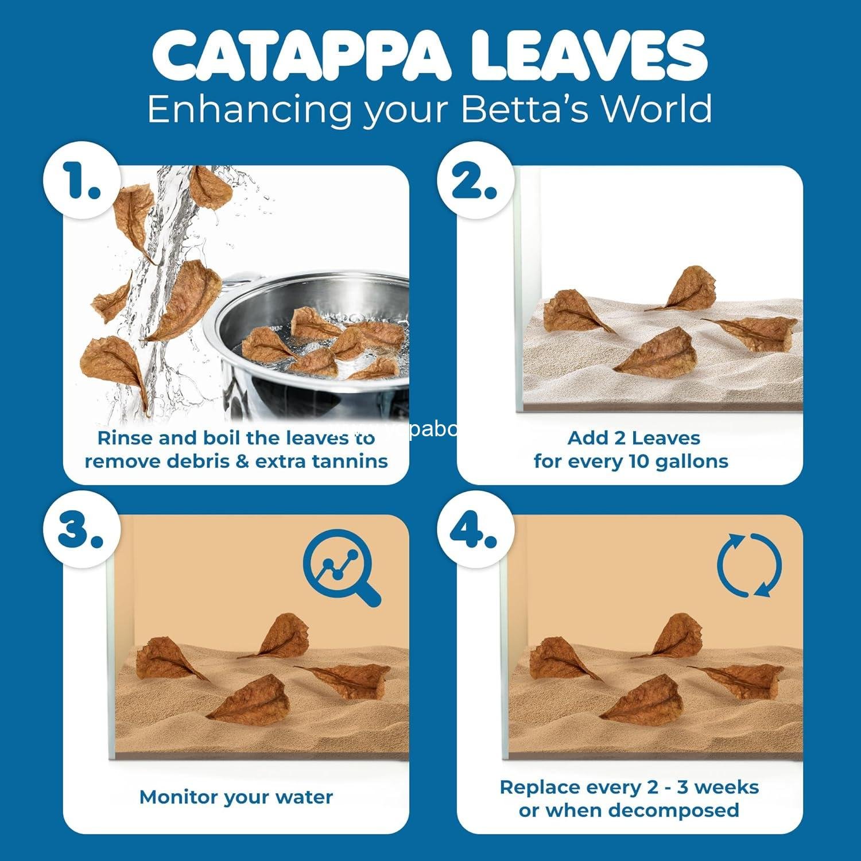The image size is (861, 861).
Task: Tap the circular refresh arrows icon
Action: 749,565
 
